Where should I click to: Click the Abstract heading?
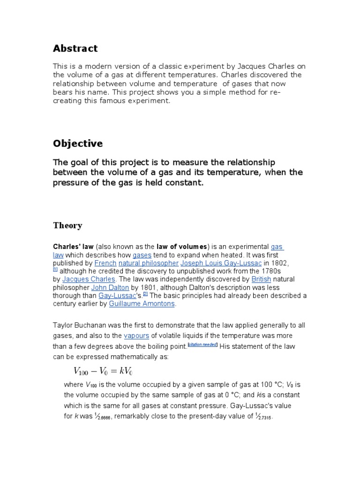75,48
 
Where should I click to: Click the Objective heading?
78,143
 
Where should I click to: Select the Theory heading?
67,225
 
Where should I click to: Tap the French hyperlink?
105,263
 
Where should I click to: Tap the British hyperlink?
261,279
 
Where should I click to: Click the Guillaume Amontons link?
142,304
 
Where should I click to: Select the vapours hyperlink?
136,336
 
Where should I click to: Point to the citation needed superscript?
202,345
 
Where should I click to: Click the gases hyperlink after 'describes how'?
142,255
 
